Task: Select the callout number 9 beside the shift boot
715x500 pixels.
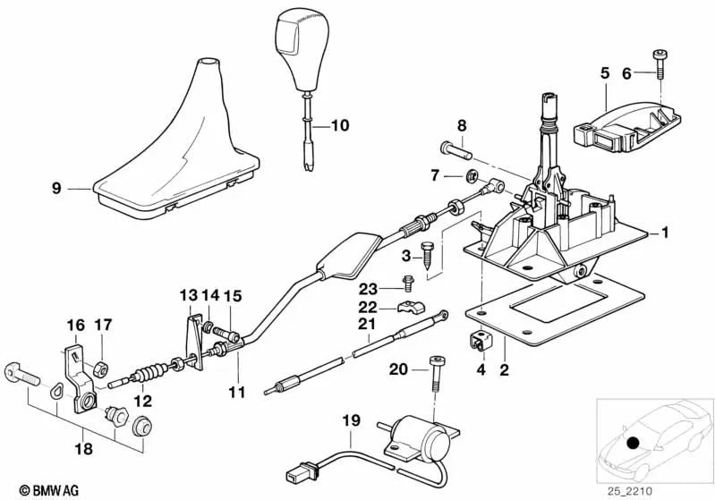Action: click(x=56, y=189)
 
